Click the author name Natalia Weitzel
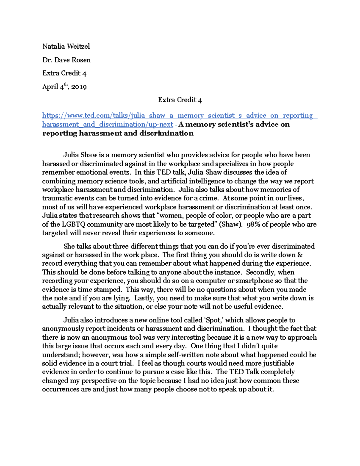click(x=66, y=47)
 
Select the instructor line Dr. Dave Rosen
click(x=66, y=60)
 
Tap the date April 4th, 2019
click(x=64, y=87)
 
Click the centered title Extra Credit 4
click(x=180, y=100)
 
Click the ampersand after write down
click(x=300, y=255)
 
